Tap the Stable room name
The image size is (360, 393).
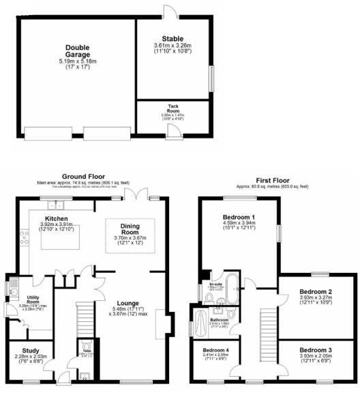[172, 39]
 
